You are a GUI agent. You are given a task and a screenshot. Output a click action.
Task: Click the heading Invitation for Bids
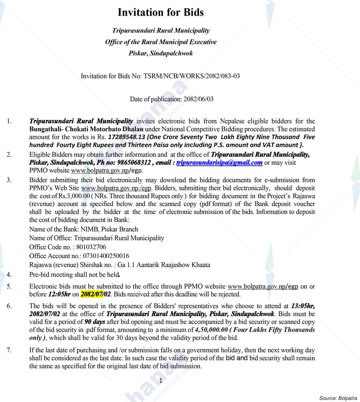click(x=161, y=12)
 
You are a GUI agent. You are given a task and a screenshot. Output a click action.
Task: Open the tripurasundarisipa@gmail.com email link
click(x=219, y=163)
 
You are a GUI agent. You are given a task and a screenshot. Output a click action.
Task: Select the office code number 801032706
click(x=91, y=247)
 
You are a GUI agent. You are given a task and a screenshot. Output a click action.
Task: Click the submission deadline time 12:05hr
click(x=59, y=294)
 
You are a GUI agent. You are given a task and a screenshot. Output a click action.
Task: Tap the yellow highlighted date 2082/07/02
click(x=95, y=294)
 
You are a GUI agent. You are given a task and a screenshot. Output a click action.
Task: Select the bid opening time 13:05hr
click(x=303, y=306)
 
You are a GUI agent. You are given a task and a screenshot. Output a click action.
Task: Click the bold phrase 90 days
click(x=95, y=322)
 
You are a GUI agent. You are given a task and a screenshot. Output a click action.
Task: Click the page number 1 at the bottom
click(x=161, y=381)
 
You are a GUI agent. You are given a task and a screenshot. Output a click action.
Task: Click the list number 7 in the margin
click(x=9, y=350)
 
